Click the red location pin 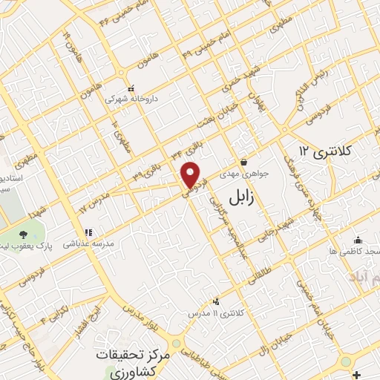[191, 175]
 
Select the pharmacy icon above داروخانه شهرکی [131, 86]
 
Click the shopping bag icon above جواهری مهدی [243, 163]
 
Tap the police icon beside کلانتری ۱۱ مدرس [216, 301]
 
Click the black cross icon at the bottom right [358, 373]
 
